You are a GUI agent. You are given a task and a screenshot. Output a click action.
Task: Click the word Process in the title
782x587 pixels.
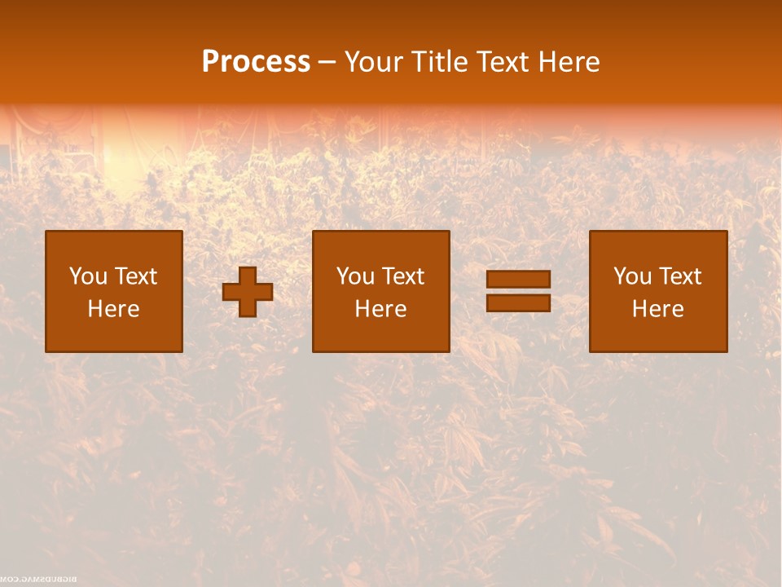(x=256, y=62)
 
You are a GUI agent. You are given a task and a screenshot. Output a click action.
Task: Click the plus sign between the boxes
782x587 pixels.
(x=248, y=292)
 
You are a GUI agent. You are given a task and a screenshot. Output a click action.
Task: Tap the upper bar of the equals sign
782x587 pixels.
(x=518, y=280)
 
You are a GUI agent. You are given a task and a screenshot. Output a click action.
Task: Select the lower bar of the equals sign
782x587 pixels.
(x=518, y=302)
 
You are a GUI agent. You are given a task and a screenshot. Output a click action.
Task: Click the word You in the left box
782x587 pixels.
(x=87, y=276)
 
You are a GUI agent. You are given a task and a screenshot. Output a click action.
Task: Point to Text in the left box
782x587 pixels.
(x=134, y=276)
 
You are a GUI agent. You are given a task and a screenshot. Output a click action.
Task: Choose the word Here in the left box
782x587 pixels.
(x=113, y=309)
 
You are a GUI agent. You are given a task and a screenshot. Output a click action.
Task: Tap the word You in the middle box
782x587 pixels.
(x=354, y=276)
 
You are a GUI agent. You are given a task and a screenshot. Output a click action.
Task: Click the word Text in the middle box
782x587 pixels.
(x=402, y=276)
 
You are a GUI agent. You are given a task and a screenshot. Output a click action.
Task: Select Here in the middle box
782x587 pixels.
(x=380, y=309)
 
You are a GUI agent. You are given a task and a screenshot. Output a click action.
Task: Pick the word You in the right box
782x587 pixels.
(x=631, y=276)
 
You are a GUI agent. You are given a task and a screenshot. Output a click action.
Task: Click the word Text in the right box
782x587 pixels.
(x=679, y=276)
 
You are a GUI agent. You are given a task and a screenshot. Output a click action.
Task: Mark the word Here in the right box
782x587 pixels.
(x=657, y=309)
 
